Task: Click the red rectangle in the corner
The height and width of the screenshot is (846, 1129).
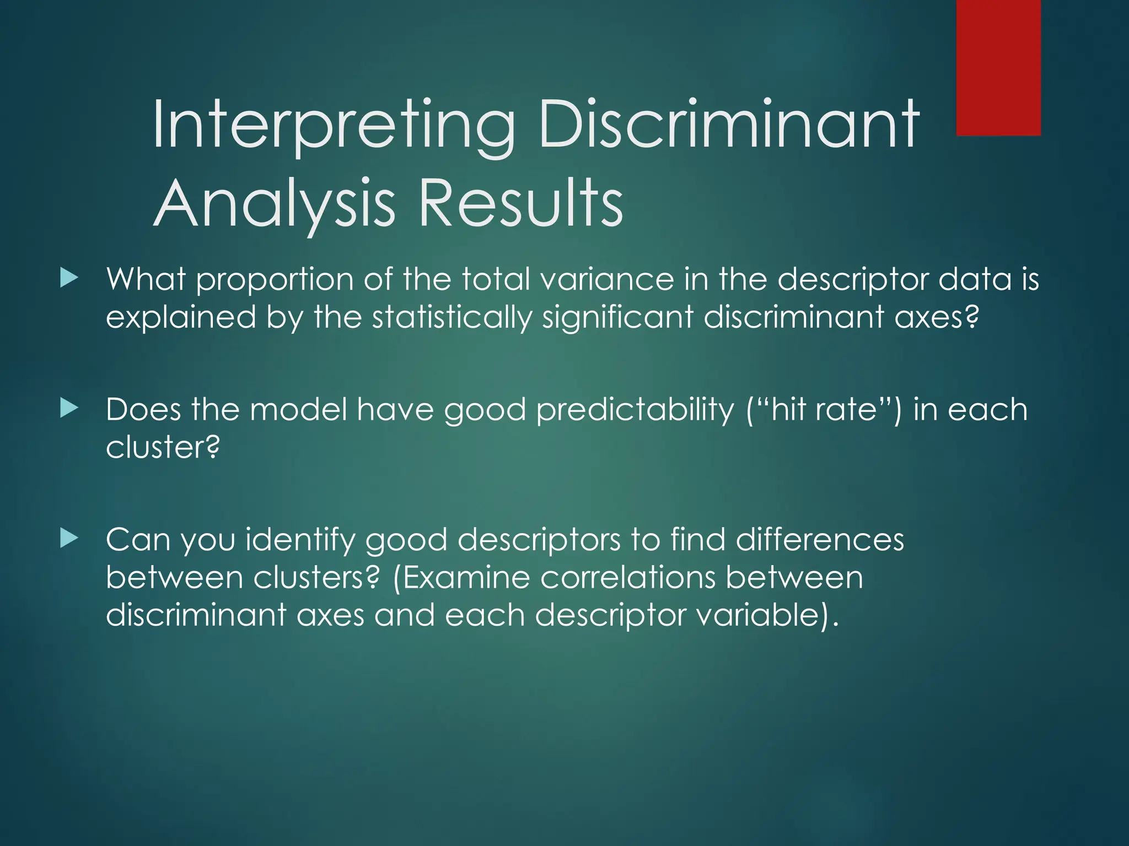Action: point(998,67)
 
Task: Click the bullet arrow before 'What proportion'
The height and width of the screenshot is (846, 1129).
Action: point(69,278)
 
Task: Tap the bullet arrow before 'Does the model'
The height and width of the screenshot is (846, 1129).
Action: point(69,408)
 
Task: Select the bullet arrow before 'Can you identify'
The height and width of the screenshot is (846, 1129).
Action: point(69,538)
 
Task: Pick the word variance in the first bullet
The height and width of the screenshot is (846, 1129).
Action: point(607,279)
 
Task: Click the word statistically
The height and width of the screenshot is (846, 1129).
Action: point(452,318)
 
